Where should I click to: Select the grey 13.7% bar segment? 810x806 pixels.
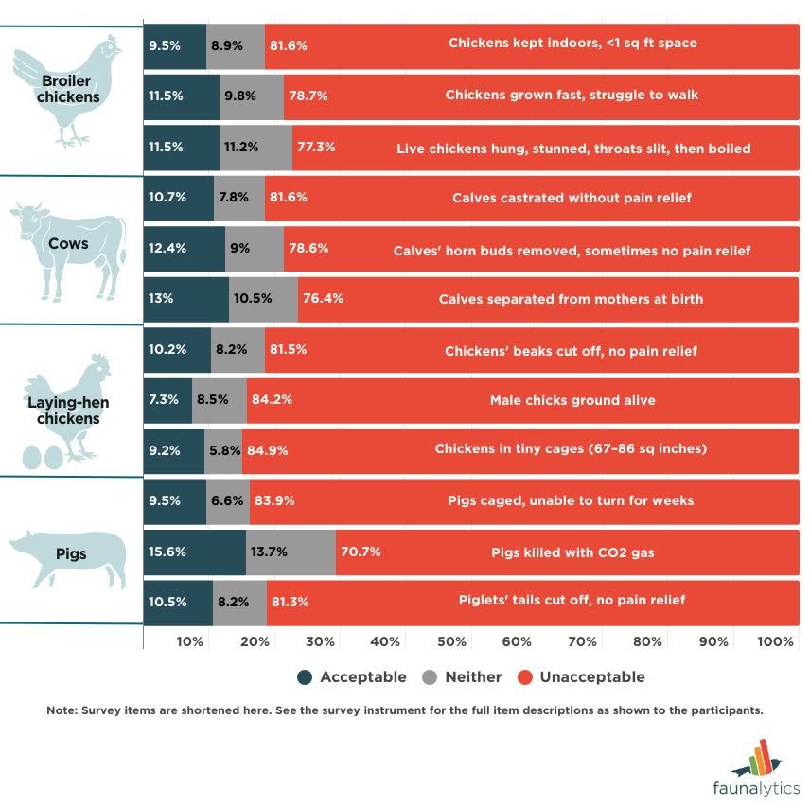click(291, 552)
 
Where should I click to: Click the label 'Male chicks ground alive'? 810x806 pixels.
click(572, 400)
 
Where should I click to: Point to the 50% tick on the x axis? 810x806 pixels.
click(451, 642)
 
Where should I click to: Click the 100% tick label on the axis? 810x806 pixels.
click(777, 642)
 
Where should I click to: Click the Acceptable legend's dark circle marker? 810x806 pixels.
click(305, 677)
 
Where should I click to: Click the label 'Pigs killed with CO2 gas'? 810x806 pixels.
click(572, 552)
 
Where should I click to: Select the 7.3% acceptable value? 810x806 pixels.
click(163, 400)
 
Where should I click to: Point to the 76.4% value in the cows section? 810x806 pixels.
click(322, 298)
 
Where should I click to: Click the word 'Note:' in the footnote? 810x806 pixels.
click(62, 710)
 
